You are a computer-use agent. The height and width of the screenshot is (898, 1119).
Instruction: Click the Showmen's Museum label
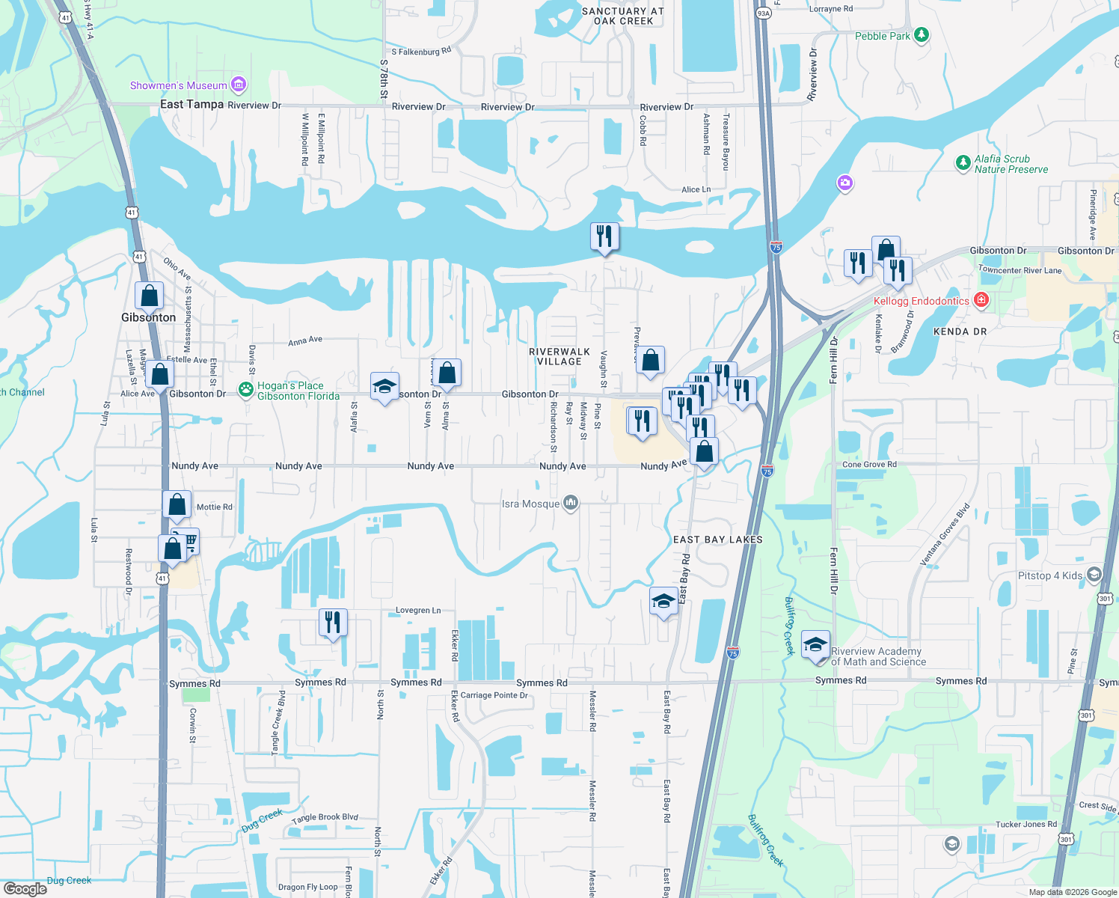tap(178, 85)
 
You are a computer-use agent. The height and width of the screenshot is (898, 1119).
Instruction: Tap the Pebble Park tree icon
tap(922, 34)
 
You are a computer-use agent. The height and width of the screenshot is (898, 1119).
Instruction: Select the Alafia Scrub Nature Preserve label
tap(1011, 164)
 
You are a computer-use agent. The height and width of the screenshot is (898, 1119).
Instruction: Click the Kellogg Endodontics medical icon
tap(981, 300)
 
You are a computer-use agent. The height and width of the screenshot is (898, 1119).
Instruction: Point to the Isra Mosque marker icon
tap(571, 503)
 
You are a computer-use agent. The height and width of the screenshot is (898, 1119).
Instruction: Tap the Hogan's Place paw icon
tap(245, 389)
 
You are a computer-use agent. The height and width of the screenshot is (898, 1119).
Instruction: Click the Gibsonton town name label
tap(148, 317)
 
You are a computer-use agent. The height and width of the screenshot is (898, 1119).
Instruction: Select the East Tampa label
tap(191, 104)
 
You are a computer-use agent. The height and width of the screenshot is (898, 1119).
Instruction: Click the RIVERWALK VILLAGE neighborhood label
tap(559, 356)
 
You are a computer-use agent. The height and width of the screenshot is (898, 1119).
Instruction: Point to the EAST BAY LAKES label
tap(717, 540)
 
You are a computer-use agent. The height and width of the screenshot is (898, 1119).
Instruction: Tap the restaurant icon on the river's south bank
tap(604, 236)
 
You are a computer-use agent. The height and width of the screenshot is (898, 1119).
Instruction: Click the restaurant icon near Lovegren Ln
tap(333, 623)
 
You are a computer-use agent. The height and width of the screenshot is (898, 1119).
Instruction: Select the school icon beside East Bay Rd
tap(663, 601)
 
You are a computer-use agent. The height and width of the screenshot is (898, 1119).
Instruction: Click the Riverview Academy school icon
tap(815, 644)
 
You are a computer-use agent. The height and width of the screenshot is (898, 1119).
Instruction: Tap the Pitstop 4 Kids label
tap(1050, 575)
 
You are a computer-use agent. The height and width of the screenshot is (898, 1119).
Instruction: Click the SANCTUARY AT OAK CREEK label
tap(622, 16)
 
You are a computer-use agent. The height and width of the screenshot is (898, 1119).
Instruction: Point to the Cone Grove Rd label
tap(869, 465)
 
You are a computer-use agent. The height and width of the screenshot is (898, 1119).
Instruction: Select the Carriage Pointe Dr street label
tap(494, 695)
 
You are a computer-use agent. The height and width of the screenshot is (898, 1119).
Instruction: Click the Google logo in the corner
tap(25, 889)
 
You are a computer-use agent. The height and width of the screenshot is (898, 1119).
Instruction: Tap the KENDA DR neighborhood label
tap(960, 332)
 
